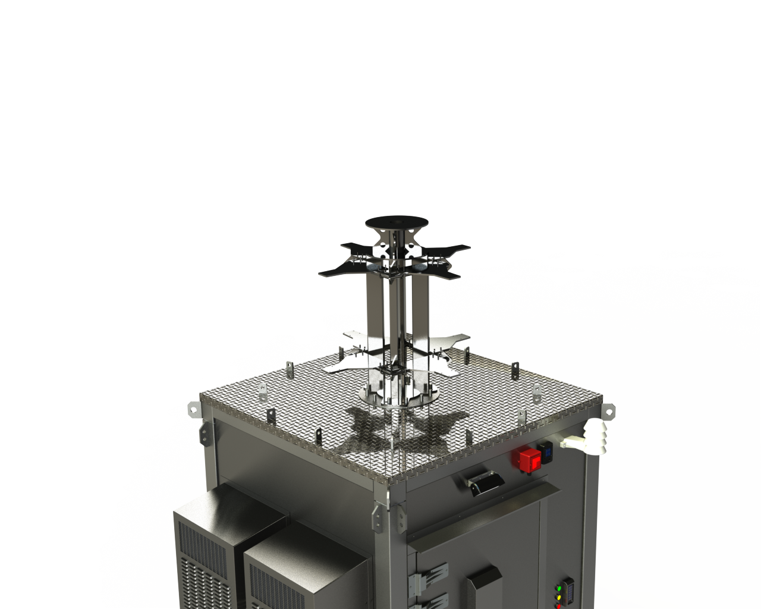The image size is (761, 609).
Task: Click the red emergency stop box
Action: click(527, 459)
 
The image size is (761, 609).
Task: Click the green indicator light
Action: click(558, 589)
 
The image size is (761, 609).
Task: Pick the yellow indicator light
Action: click(558, 597)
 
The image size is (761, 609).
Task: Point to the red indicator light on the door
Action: click(558, 605)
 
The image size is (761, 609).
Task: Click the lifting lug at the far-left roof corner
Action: click(192, 409)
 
